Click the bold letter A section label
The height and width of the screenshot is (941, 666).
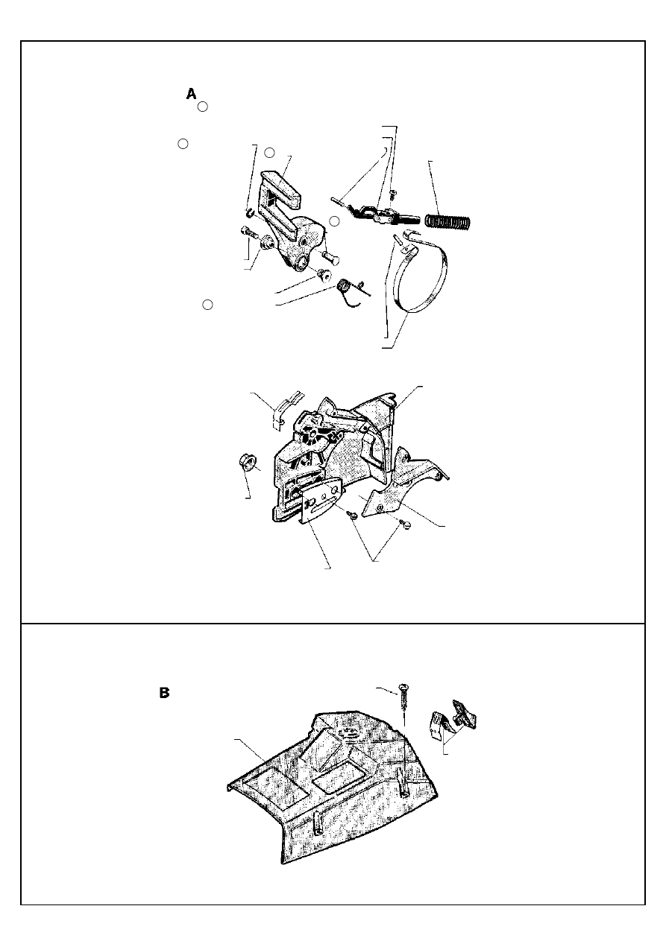pos(192,94)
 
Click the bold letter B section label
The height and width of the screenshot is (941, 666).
pos(164,693)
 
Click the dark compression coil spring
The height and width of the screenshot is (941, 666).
pos(449,221)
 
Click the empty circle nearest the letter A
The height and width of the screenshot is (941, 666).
pos(203,107)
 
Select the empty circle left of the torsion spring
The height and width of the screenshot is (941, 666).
pos(207,305)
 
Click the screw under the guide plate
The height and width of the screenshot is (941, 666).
pos(352,514)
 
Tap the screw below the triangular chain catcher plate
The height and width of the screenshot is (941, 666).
pos(406,525)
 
